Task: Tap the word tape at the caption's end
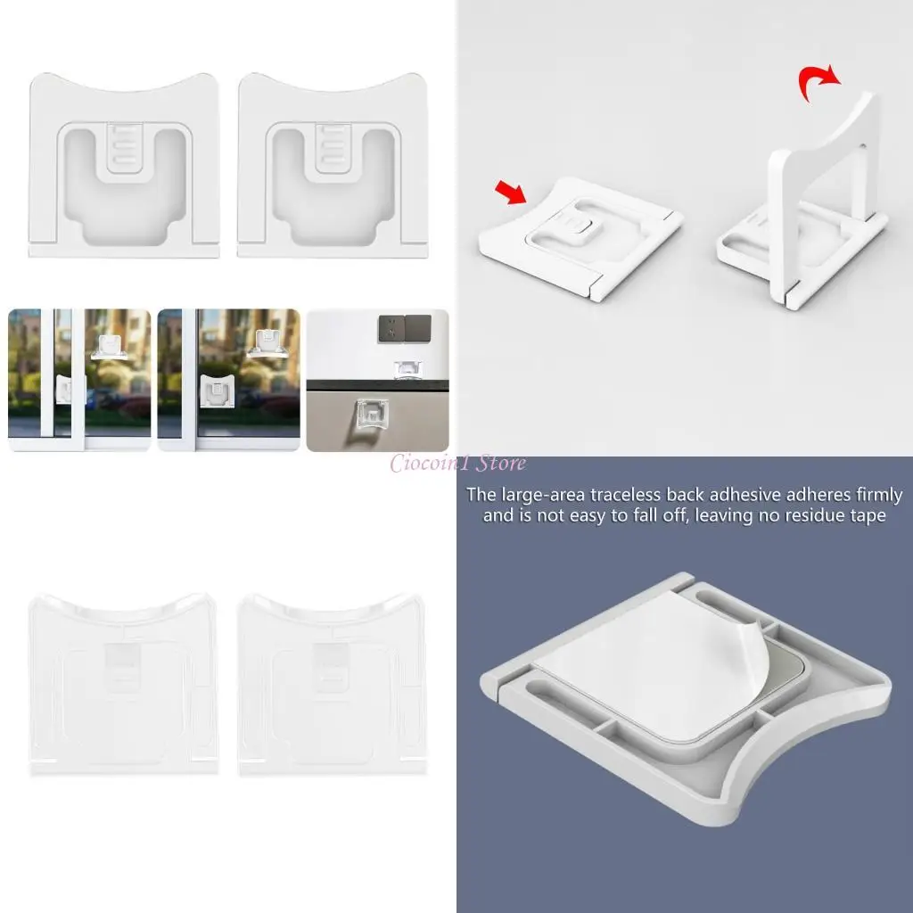point(868,516)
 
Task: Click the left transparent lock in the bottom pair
point(124,682)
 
